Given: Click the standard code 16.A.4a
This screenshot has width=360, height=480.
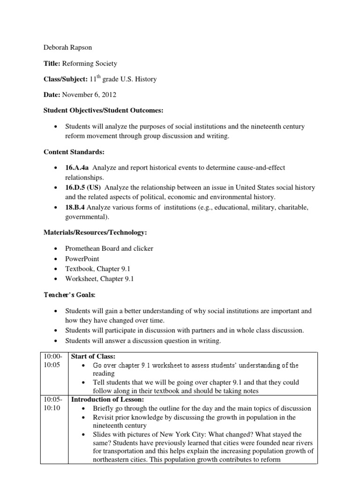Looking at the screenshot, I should [77, 168].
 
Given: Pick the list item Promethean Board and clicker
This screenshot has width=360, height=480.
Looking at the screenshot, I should [109, 248].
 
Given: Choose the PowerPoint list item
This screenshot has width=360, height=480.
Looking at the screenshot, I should [82, 259].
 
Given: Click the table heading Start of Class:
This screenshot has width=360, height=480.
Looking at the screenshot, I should [92, 356].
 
